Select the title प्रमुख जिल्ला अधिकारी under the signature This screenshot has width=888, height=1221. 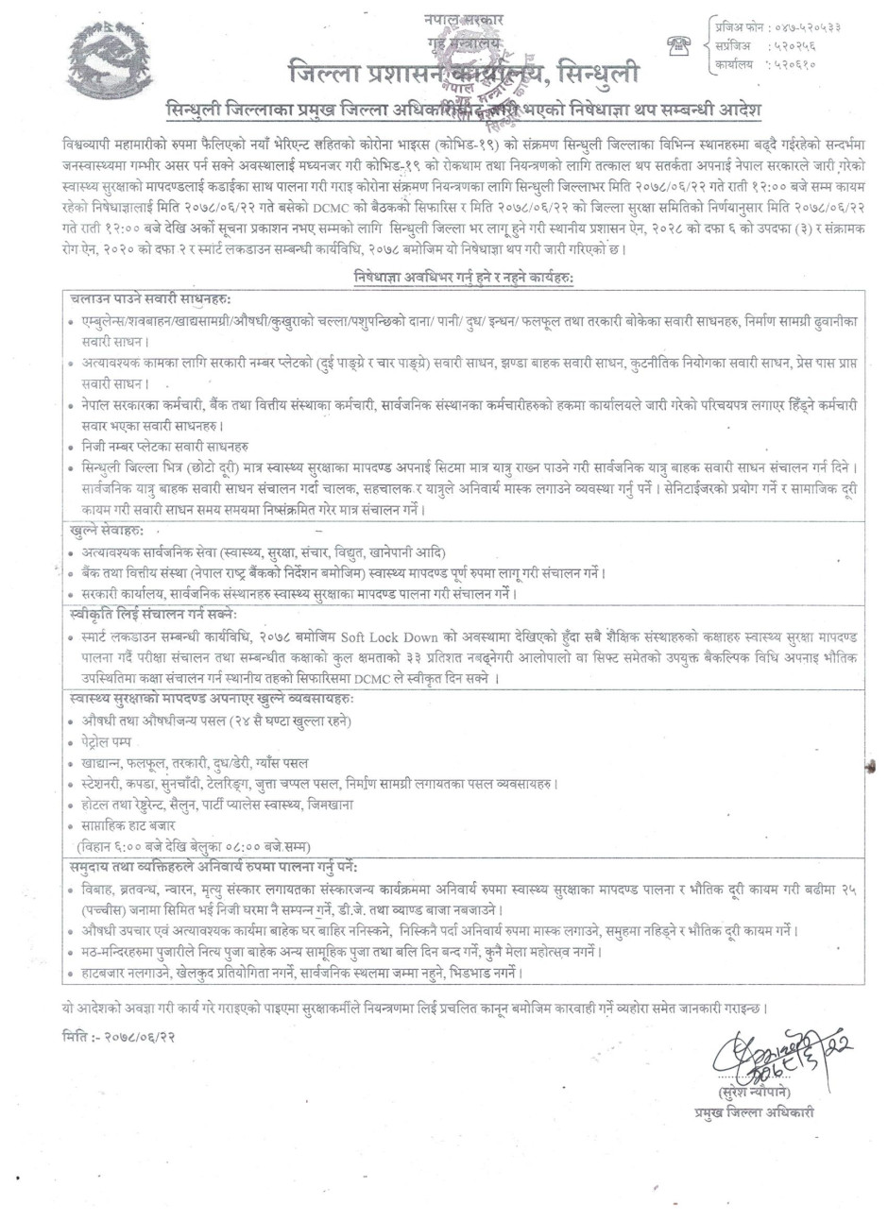pos(752,1113)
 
